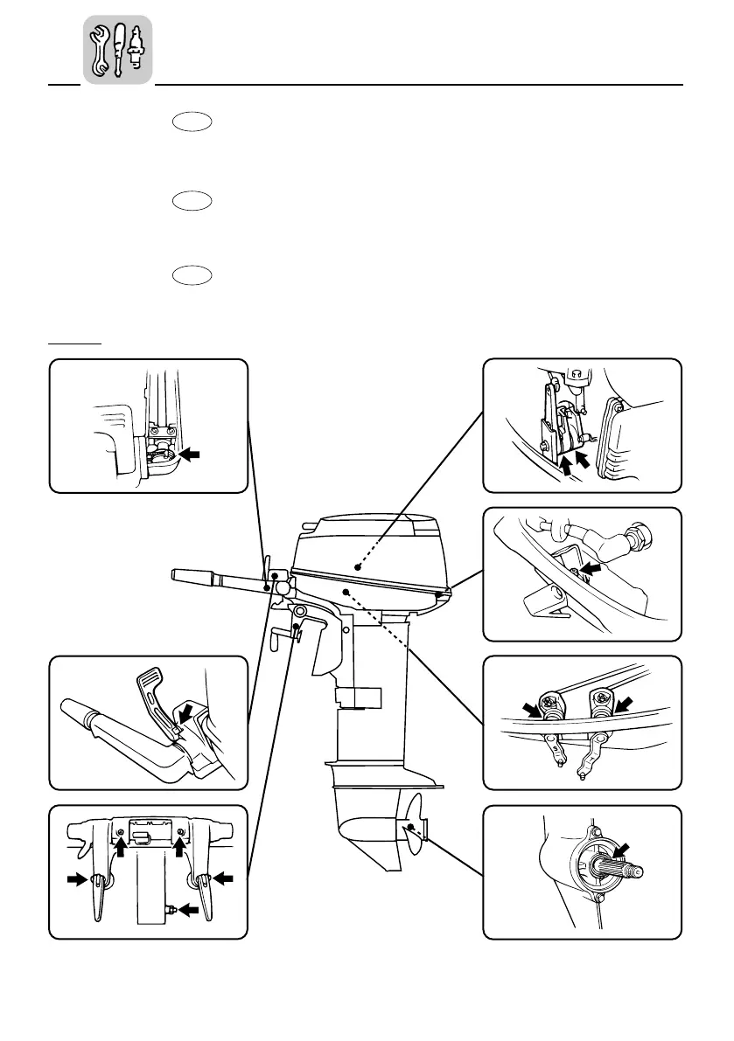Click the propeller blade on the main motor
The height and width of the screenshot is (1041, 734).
pos(415,822)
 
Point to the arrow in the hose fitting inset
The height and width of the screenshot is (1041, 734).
pos(592,567)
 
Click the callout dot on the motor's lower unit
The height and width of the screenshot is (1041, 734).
pos(409,825)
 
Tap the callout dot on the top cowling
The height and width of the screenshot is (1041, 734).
pos(357,566)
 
